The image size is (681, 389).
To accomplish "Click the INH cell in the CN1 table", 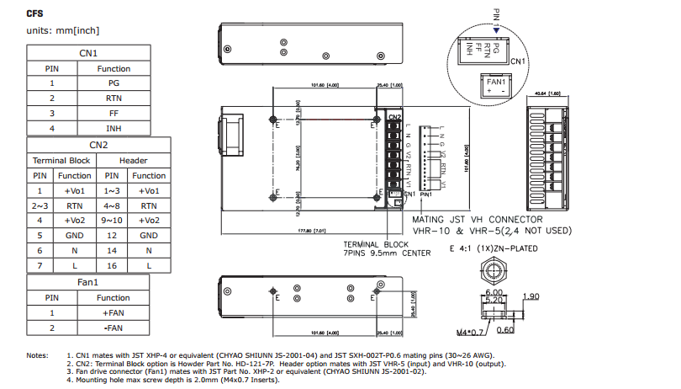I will (113, 128).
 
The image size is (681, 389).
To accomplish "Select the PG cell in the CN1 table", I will (113, 83).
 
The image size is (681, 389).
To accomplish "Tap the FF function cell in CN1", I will (113, 113).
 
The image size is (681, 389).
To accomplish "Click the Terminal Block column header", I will (61, 160).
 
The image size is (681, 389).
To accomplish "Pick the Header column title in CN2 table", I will (134, 160).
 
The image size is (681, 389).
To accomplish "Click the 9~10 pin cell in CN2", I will (112, 220).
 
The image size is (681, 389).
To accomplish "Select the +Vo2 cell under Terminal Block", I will (75, 220).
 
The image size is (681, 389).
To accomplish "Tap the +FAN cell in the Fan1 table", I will (113, 312).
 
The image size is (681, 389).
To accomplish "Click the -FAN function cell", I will (113, 327).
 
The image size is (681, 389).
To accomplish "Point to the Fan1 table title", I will (88, 282).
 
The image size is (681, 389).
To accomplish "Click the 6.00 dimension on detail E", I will (494, 291).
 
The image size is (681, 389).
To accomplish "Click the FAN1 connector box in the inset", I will (494, 86).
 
